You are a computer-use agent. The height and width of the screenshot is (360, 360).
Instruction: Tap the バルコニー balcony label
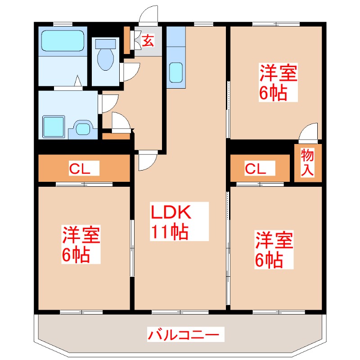click(184, 334)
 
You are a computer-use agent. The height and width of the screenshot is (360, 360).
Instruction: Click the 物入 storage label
click(307, 162)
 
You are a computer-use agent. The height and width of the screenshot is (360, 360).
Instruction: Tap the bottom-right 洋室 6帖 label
click(274, 250)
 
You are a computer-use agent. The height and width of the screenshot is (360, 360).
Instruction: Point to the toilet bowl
click(106, 56)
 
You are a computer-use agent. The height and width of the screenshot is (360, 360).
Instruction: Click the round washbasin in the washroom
click(83, 129)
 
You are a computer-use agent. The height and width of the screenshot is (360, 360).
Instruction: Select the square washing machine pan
click(54, 126)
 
